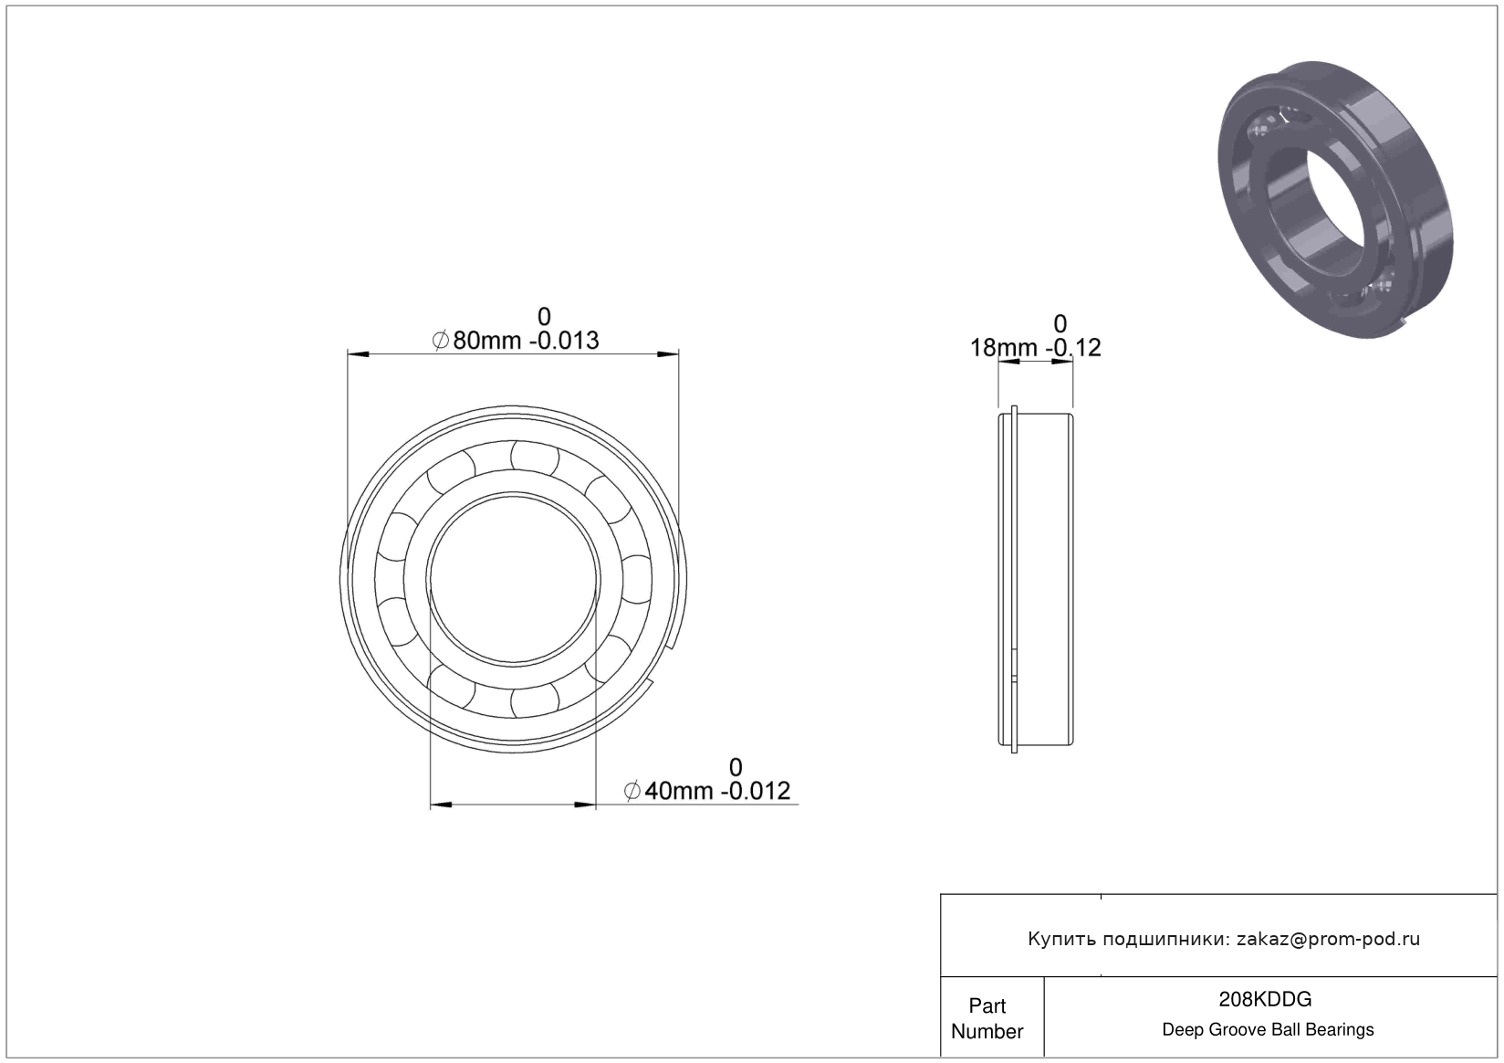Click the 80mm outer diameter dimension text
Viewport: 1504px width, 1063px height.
(486, 341)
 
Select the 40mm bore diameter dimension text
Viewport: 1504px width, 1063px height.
(679, 791)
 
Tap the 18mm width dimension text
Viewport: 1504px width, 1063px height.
(1004, 348)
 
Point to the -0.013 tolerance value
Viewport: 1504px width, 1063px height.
(564, 341)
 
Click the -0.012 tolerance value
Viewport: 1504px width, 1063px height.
(756, 791)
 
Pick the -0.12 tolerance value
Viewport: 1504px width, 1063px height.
(1073, 348)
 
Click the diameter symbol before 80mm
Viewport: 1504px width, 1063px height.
(441, 341)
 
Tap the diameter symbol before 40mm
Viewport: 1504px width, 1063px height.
(632, 791)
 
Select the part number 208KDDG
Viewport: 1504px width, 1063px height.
(1265, 999)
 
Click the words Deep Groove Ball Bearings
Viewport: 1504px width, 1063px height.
(1268, 1029)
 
